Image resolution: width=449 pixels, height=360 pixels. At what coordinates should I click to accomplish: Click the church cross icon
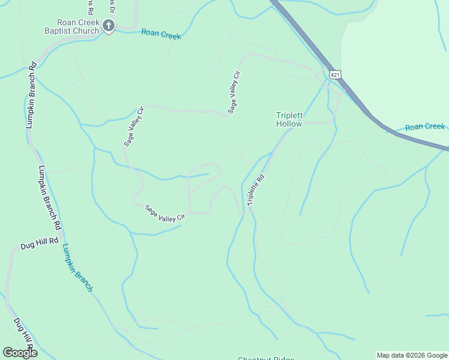108,25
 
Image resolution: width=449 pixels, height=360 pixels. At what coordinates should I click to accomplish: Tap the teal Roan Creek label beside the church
161,34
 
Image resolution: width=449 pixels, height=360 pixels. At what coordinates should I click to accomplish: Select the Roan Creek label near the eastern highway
424,127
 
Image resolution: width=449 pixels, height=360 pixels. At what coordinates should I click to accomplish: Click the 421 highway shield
335,74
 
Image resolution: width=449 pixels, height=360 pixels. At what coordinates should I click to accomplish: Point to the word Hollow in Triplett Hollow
289,124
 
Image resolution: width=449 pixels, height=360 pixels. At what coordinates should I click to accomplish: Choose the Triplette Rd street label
256,190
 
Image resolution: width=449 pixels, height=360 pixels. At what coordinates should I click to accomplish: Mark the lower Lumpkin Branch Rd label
50,197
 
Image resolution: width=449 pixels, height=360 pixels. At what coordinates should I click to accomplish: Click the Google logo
20,353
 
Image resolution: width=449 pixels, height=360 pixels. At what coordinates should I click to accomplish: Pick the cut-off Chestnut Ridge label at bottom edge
266,359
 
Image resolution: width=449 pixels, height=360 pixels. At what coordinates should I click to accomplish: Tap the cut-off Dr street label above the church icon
111,6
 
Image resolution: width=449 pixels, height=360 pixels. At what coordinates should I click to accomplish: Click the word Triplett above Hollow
289,115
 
